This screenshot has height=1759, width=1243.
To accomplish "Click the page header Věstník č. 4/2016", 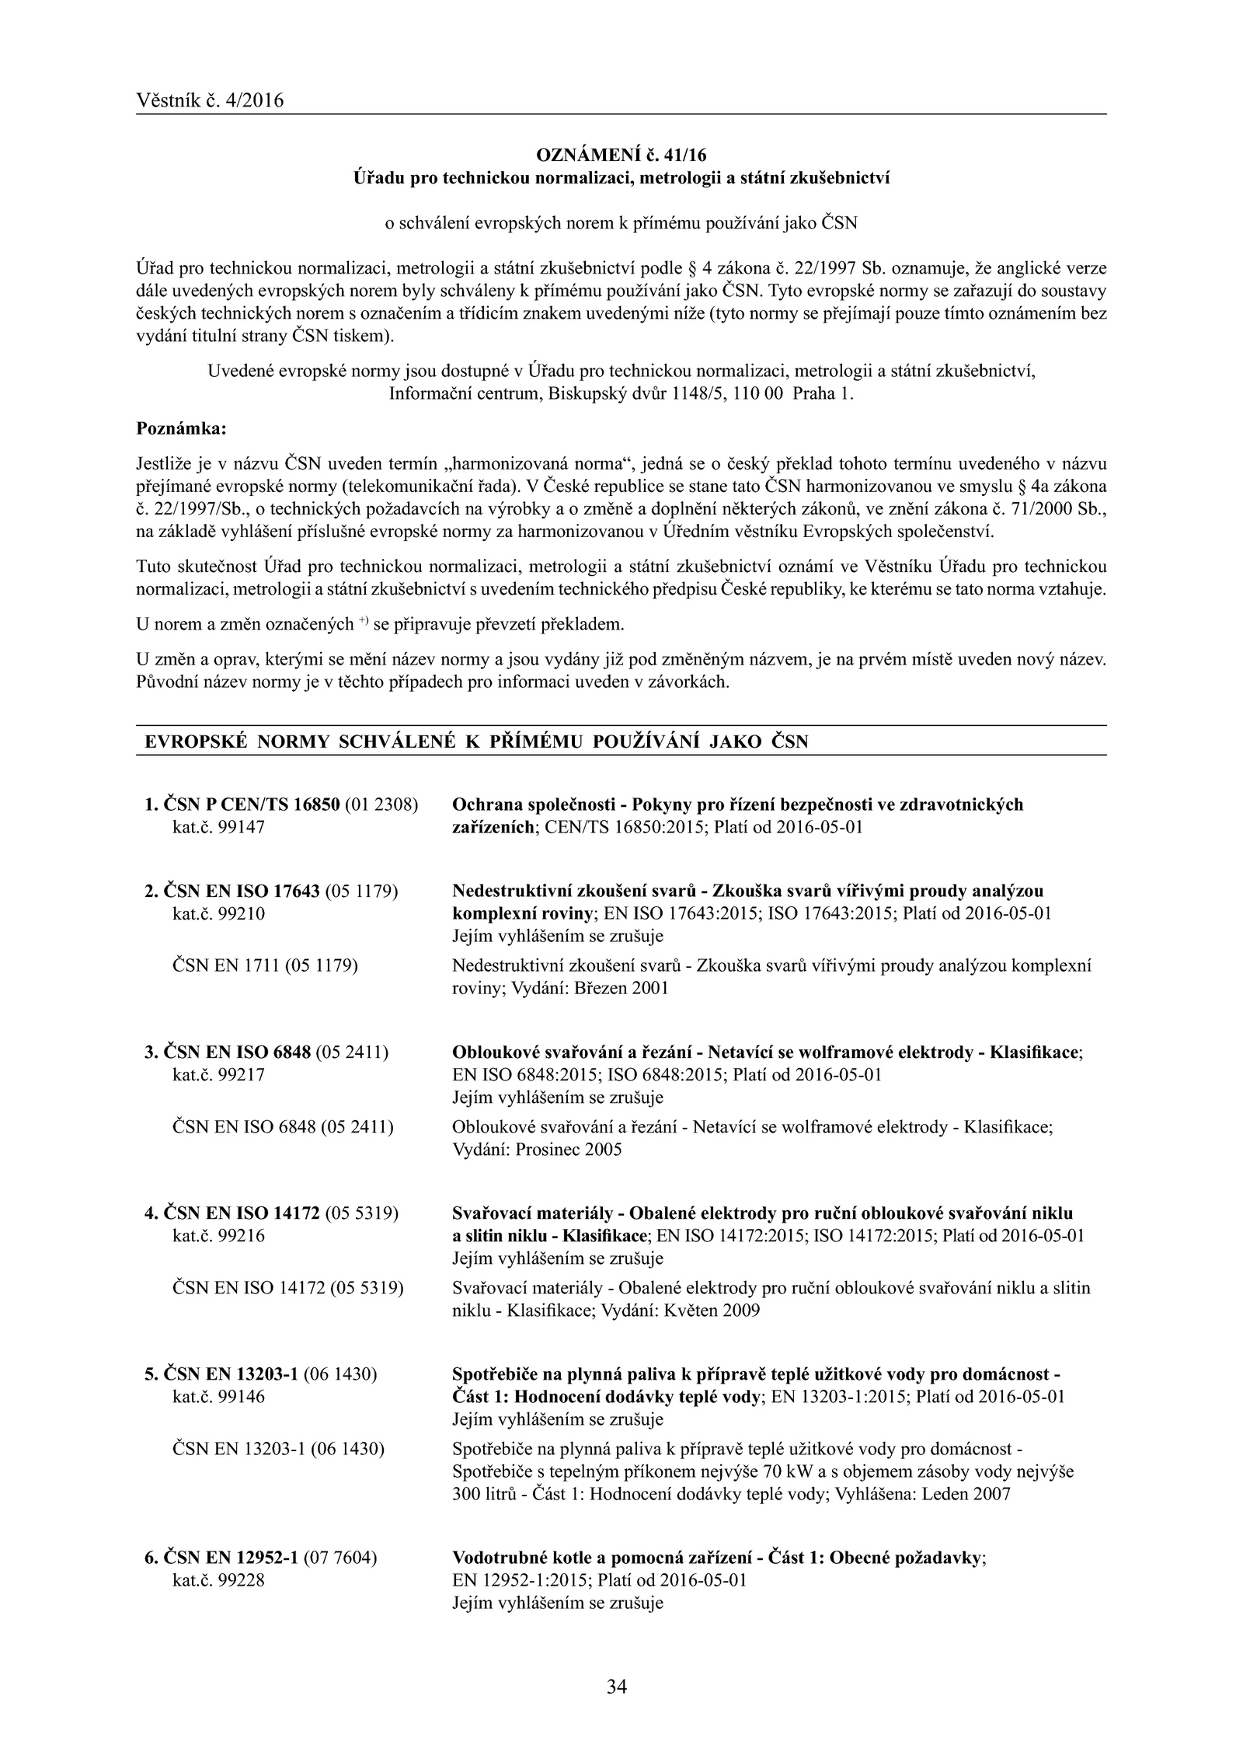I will click(x=210, y=100).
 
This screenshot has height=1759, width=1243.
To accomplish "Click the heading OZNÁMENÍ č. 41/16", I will click(x=621, y=154).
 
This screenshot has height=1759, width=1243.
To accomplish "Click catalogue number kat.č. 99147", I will click(x=218, y=827).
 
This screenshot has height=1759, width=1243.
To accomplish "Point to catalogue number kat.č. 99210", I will click(x=218, y=913).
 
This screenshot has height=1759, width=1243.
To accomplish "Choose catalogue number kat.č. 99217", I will click(x=218, y=1075).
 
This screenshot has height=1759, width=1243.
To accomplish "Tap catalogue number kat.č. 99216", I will click(x=218, y=1236).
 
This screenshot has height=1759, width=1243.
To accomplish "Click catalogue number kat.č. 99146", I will click(x=218, y=1397).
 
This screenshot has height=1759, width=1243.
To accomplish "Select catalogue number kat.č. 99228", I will click(x=218, y=1558).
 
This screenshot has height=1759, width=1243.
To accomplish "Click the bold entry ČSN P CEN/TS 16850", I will click(x=252, y=804).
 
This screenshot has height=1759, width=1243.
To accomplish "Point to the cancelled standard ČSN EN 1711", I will click(x=227, y=966).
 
